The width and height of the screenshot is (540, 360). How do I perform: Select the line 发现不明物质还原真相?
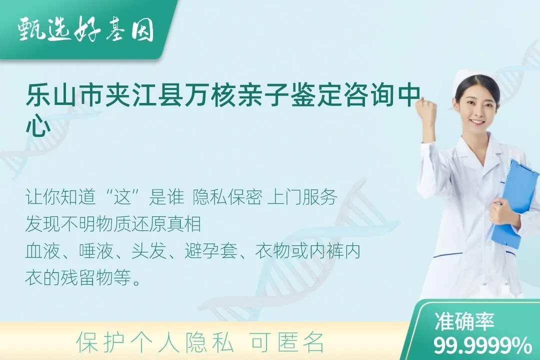point(113,224)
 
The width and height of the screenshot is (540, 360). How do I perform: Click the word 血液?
point(39,251)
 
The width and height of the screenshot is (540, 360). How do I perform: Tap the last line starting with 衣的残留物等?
point(83,277)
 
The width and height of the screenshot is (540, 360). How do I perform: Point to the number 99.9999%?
point(482,345)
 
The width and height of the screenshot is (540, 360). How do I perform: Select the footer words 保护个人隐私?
point(154,343)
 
